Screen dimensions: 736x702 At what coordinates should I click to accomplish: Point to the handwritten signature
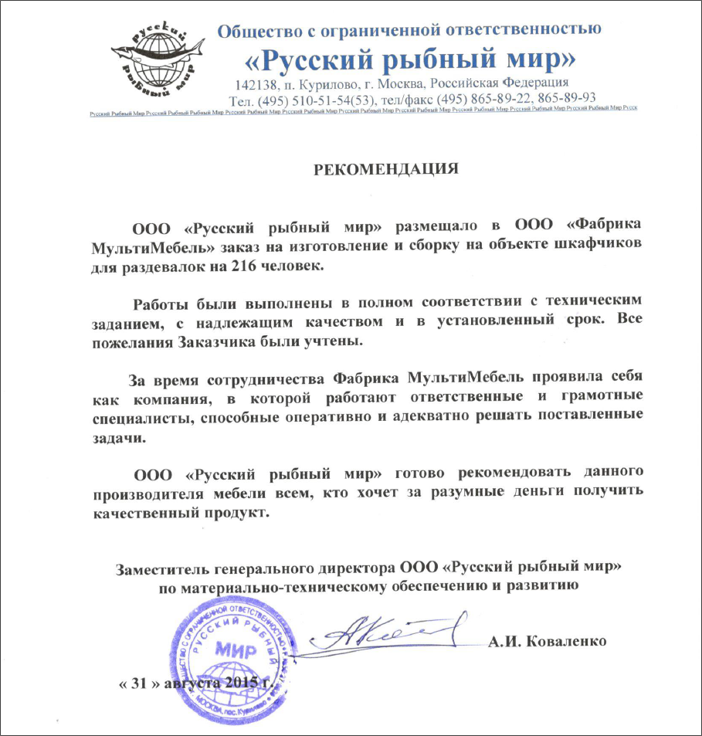pyautogui.click(x=386, y=635)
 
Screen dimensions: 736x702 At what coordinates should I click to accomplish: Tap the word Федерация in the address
pyautogui.click(x=532, y=83)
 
